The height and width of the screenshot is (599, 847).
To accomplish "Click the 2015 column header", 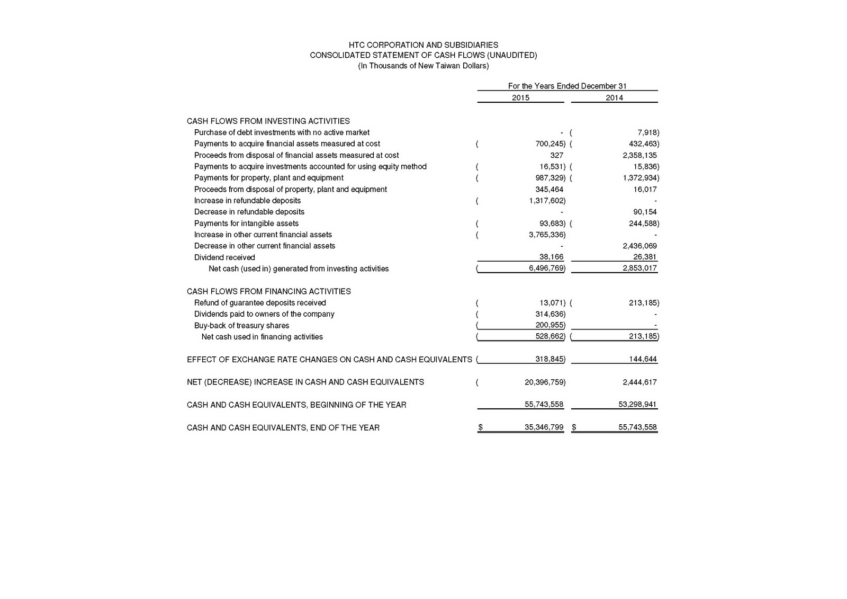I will click(x=520, y=97).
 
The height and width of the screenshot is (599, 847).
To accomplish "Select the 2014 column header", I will click(x=614, y=97).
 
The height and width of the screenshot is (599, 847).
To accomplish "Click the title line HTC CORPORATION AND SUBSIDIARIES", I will click(x=423, y=45).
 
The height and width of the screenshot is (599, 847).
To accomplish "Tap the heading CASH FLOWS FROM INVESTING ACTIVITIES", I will click(x=268, y=121).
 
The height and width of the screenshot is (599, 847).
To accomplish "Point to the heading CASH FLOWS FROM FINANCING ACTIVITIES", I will click(x=268, y=291).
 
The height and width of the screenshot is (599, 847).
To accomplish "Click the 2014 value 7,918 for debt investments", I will click(x=647, y=132).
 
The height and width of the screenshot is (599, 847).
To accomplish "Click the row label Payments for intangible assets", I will click(x=246, y=223).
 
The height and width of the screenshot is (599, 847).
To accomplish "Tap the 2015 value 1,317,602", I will click(x=546, y=201).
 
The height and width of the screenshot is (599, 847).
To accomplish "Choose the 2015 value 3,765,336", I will click(x=546, y=235).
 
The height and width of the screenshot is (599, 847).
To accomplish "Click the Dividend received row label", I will click(x=224, y=257).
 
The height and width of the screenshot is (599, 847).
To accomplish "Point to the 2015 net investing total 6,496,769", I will click(x=546, y=269).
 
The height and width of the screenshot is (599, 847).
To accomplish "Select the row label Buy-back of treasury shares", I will click(x=241, y=326).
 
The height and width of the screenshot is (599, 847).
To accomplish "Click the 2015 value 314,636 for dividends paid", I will click(x=549, y=314).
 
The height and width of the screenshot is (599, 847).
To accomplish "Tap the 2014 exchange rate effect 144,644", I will click(x=643, y=359).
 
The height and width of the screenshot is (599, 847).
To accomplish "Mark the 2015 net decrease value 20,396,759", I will click(x=544, y=382).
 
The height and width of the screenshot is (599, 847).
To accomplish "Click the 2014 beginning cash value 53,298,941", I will click(x=637, y=405).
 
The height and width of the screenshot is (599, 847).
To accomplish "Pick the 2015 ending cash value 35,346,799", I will click(x=544, y=427).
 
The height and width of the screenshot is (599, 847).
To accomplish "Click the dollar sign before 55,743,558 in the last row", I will click(x=574, y=427).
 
